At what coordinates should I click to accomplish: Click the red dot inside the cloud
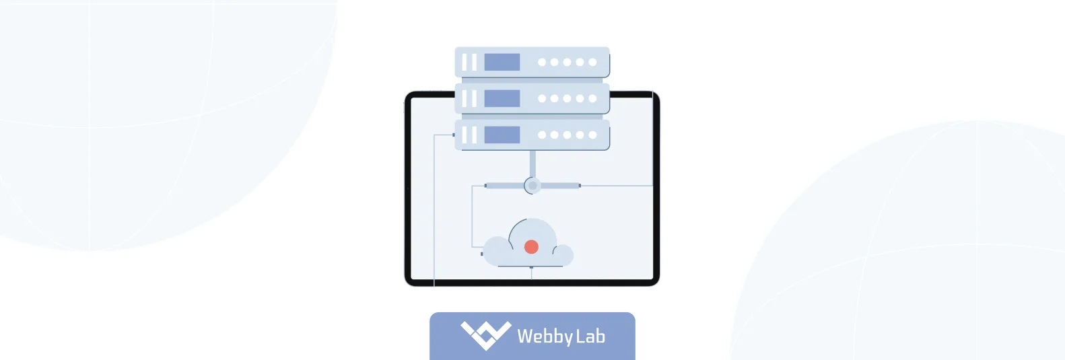(x=531, y=247)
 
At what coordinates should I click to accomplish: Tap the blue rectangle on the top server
(x=502, y=62)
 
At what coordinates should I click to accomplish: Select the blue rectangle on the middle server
(x=502, y=98)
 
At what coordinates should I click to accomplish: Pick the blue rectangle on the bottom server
(x=502, y=135)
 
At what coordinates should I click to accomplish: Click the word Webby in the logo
(x=545, y=336)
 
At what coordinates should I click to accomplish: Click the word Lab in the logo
(x=590, y=336)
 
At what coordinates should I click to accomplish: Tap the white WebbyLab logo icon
(x=485, y=334)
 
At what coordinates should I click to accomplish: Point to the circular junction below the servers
(x=532, y=185)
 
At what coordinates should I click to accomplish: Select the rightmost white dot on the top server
(x=592, y=62)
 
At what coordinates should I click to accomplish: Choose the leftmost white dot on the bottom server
(x=542, y=135)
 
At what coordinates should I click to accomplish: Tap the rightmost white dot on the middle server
(x=592, y=98)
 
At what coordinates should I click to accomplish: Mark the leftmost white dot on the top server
(x=542, y=62)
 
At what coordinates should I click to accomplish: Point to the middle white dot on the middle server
(x=568, y=98)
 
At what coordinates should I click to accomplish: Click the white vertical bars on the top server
(x=469, y=62)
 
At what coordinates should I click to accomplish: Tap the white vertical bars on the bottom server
(x=469, y=135)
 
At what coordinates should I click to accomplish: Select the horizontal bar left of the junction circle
(x=504, y=185)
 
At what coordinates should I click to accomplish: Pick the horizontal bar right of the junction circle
(x=560, y=185)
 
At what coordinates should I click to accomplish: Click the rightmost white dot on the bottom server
(x=592, y=135)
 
